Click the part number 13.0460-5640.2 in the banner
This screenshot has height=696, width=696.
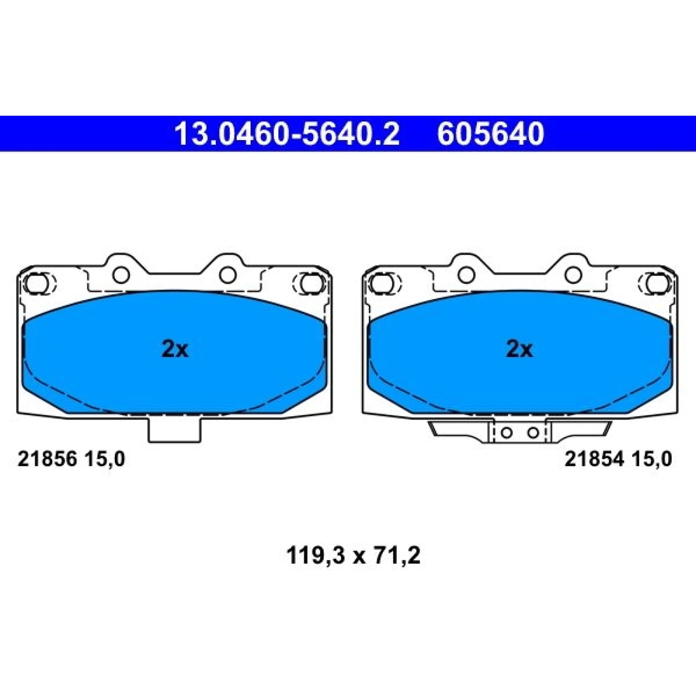coord(287,134)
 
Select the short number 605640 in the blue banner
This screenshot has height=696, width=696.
coord(490,134)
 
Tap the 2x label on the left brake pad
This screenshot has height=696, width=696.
coord(175,349)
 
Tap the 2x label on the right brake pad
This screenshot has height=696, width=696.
coord(519,349)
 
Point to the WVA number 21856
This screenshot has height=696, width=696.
coord(47,459)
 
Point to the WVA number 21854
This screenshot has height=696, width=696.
coord(594,459)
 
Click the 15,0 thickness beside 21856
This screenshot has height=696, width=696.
coord(104,459)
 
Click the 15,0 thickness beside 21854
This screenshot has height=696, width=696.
coord(652,459)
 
